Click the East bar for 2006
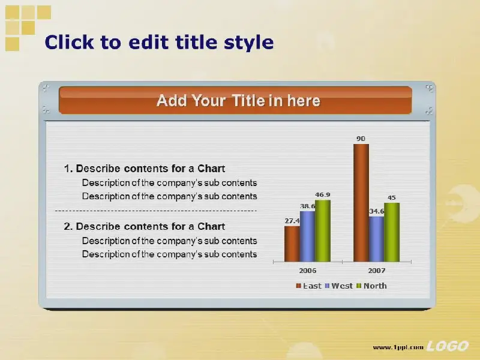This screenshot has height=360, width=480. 292,244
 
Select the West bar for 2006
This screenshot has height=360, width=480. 307,236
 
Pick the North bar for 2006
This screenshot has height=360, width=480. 323,231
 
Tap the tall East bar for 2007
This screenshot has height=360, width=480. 361,203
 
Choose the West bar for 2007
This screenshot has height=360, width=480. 377,239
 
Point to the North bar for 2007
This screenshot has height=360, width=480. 392,232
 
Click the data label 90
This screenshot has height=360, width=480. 361,139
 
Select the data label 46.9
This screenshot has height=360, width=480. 323,194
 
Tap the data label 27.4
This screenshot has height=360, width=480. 292,221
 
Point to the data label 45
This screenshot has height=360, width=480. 392,197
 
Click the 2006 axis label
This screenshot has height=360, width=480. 308,271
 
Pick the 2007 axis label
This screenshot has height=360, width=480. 377,271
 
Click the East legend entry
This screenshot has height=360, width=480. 308,286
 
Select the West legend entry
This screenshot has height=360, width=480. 338,286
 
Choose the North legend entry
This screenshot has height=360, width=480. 371,286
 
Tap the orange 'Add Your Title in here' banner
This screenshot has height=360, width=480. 235,100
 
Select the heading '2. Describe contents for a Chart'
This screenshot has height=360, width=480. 145,226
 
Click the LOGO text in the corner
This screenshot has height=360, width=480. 447,346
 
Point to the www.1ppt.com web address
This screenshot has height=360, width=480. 398,347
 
